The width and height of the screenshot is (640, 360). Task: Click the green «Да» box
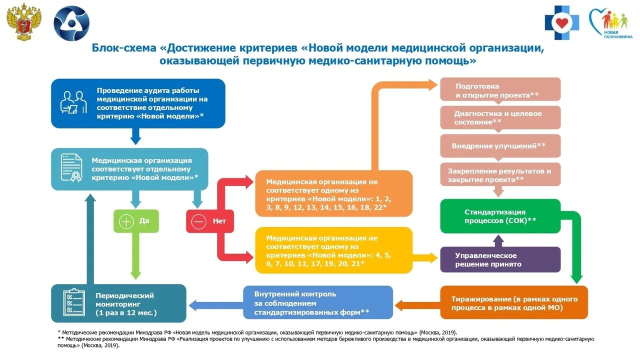coord(136,221)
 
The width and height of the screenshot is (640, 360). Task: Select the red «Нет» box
coord(210,221)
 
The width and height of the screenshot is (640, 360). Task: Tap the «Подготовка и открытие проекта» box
coord(500,89)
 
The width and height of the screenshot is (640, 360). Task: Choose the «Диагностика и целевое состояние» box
coord(500,117)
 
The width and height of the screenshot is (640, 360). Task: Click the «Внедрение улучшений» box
coord(500,145)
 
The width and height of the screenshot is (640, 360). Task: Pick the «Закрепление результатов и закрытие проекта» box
coord(500,174)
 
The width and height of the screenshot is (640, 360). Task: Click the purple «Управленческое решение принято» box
coord(500,259)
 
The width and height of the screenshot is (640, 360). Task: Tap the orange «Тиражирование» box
coord(513,303)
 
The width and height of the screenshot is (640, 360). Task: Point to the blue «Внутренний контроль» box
coord(318,303)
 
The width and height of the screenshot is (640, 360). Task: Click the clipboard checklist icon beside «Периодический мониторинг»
coord(74,302)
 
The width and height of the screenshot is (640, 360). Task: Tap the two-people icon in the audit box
coord(73,102)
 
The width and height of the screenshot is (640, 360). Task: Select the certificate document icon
coord(72,167)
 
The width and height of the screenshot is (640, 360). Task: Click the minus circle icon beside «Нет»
coord(198,221)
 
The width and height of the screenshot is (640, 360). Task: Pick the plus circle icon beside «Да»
coord(126,221)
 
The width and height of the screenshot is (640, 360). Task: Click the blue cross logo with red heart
coord(562,23)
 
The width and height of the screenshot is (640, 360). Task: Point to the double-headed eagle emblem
coord(24,22)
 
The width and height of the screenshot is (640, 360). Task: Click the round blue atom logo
coord(71,23)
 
